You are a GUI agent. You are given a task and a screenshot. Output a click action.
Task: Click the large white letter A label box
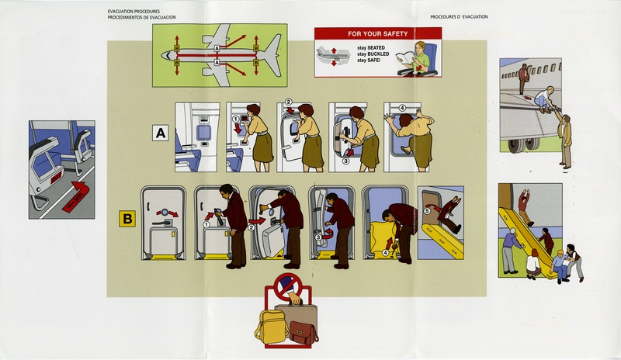click(x=161, y=134)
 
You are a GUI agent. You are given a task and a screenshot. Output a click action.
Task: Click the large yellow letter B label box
click(x=127, y=220)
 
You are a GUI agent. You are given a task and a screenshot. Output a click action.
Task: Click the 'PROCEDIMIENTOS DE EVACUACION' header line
click(x=142, y=17)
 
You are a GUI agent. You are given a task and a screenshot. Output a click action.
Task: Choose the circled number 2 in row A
click(x=288, y=102)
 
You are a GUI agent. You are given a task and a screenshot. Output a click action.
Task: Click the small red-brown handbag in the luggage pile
click(x=304, y=333)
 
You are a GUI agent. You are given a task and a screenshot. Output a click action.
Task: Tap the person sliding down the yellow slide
click(x=526, y=206)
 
